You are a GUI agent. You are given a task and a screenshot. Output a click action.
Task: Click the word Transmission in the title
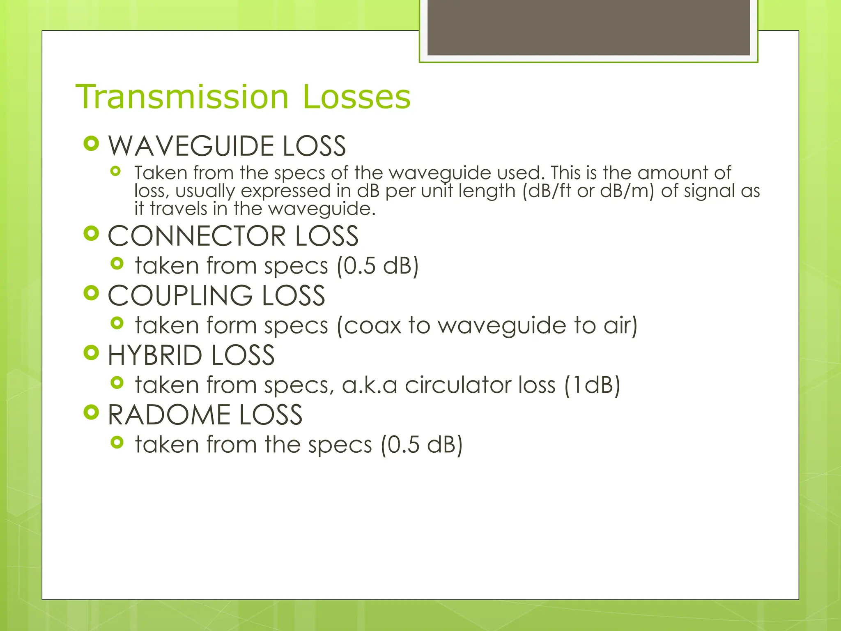tap(182, 97)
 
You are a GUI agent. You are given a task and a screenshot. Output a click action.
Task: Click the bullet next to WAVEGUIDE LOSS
tap(91, 144)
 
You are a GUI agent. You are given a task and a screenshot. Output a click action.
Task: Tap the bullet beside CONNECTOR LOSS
tap(91, 234)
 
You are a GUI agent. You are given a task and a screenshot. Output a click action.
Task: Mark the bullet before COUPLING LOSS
tap(91, 293)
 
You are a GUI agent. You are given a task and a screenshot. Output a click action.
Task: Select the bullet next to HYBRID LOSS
tap(91, 353)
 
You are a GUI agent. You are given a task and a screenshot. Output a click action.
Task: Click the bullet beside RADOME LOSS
tap(91, 412)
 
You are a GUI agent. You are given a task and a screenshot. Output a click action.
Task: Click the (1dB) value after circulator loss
tap(592, 385)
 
